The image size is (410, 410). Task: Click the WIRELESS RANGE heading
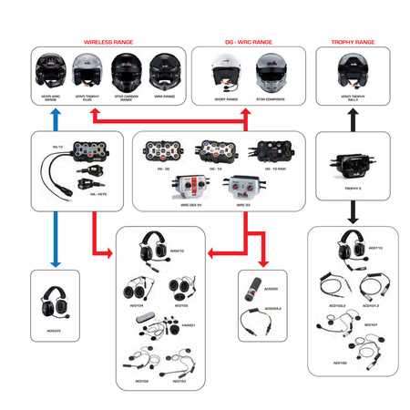point(108,42)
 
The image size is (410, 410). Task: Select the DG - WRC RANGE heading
point(247,42)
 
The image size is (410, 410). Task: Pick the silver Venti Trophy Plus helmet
point(87,69)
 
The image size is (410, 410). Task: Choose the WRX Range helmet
point(163,69)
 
